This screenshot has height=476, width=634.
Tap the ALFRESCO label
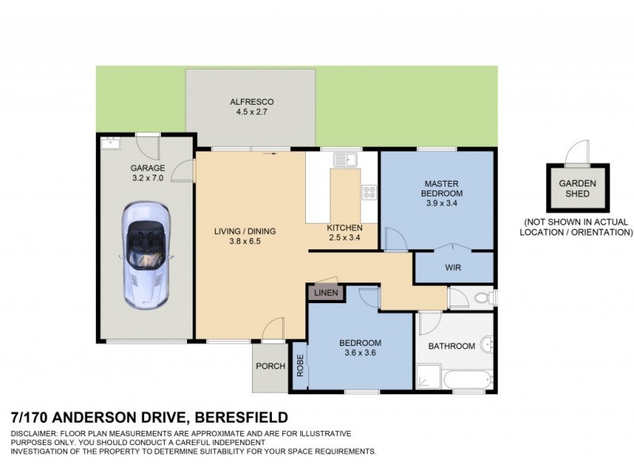[251, 102]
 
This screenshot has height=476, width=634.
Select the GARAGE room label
[147, 168]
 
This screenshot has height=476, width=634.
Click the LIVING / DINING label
[245, 232]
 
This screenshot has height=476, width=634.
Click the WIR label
[453, 268]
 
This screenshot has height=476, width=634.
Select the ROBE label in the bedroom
[300, 366]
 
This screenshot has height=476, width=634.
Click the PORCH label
[269, 367]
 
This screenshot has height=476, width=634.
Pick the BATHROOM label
[452, 346]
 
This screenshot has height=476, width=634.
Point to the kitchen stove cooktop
[369, 191]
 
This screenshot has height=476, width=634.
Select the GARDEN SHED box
[577, 188]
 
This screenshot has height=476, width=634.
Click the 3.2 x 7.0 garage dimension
[147, 179]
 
